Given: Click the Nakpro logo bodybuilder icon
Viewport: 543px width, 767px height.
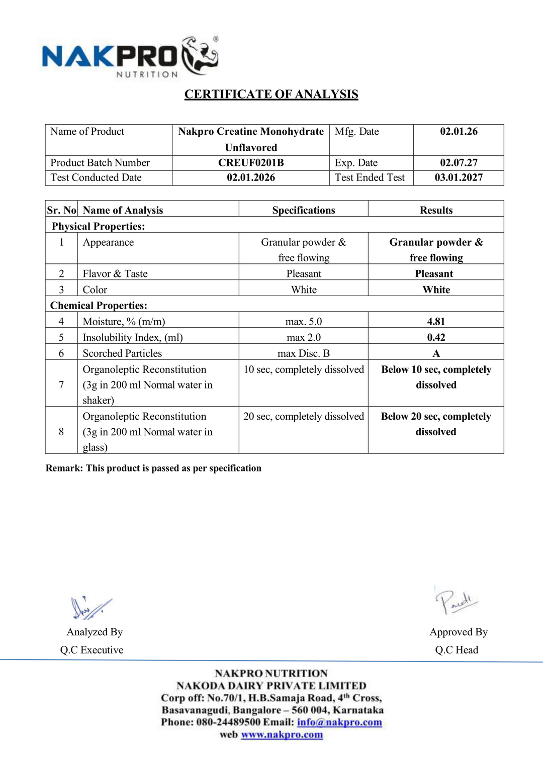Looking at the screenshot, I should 200,55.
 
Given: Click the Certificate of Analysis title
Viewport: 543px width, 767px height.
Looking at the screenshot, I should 271,94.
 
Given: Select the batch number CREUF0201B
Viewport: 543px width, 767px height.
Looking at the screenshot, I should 251,163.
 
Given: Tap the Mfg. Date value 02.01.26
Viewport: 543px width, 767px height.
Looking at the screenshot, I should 459,132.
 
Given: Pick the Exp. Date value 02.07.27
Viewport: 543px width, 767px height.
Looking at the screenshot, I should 459,163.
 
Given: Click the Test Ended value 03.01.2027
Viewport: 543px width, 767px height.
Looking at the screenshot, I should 459,177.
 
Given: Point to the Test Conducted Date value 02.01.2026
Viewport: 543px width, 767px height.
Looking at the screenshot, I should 251,177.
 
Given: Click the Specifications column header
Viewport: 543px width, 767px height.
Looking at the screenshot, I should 304,210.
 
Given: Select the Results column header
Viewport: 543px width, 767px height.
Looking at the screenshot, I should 436,210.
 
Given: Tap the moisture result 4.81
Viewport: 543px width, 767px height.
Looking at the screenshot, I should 436,322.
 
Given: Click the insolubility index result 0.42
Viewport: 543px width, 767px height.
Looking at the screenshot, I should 436,338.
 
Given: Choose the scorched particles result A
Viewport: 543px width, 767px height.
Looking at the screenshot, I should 436,353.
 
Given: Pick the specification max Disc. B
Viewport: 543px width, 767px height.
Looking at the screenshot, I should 304,353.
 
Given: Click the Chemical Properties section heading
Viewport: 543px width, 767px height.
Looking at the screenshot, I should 99,306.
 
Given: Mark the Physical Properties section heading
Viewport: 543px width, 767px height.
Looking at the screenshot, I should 98,226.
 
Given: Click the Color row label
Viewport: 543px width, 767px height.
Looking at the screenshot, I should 95,290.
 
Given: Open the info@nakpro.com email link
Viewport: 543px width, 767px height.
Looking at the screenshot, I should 339,722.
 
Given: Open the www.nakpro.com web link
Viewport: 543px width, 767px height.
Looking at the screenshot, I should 282,735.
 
